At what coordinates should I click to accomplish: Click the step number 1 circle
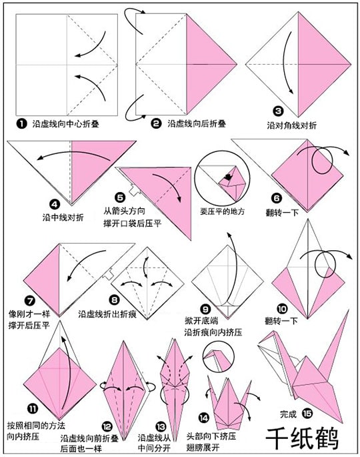(21, 123)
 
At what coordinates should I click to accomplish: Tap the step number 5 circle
(120, 197)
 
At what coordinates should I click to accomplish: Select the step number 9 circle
(205, 310)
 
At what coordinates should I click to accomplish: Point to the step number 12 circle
(107, 427)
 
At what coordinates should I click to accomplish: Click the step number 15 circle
(307, 413)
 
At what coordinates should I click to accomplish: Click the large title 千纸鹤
(302, 439)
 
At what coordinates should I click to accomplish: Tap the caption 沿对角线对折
(291, 125)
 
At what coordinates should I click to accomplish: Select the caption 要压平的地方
(222, 211)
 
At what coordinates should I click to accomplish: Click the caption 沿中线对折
(63, 217)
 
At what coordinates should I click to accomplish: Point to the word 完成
(288, 414)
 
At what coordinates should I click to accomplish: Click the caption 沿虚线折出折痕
(107, 314)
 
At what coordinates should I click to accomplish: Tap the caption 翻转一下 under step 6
(282, 212)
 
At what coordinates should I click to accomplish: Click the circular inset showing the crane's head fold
(218, 356)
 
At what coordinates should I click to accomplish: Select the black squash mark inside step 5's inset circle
(227, 177)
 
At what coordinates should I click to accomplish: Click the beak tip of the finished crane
(259, 346)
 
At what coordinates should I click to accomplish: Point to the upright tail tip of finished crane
(349, 311)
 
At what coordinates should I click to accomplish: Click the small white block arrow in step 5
(135, 190)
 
